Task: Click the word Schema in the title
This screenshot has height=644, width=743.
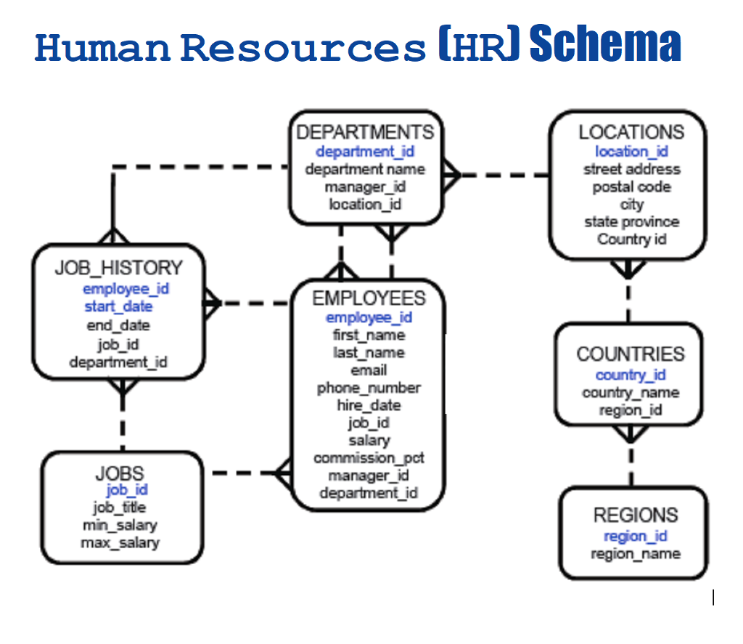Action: click(605, 45)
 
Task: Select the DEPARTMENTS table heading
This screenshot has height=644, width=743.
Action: click(365, 132)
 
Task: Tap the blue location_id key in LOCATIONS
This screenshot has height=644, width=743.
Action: click(631, 151)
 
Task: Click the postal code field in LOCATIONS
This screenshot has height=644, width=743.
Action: click(631, 187)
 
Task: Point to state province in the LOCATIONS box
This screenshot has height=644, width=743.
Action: click(631, 221)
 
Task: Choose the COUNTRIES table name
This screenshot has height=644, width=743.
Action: click(630, 354)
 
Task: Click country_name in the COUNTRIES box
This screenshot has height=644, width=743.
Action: click(630, 393)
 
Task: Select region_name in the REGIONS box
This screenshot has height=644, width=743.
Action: click(635, 554)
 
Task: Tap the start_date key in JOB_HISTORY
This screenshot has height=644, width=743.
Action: click(118, 306)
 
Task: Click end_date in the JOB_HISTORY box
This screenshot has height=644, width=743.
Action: click(118, 325)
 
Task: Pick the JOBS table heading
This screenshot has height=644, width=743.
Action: click(120, 473)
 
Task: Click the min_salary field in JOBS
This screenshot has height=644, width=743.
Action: click(120, 524)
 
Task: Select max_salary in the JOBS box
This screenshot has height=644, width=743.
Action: click(120, 542)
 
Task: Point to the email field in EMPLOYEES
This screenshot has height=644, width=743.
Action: click(369, 370)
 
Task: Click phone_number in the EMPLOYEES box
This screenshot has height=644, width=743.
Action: click(369, 388)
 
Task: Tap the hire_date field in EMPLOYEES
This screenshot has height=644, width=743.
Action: click(369, 405)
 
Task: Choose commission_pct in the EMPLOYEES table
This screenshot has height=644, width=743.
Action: click(369, 458)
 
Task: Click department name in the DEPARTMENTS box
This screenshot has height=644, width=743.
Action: click(365, 169)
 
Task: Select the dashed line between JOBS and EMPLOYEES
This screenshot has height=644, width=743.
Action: click(242, 473)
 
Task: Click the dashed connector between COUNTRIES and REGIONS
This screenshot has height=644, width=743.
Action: click(630, 465)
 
